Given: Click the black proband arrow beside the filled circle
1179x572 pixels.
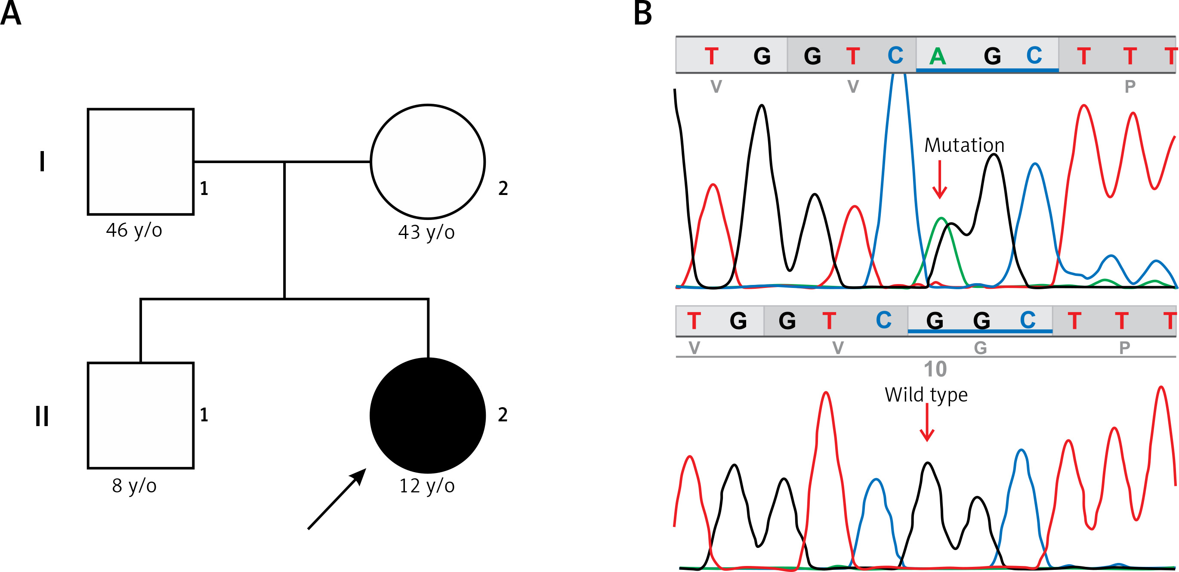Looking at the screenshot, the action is [337, 499].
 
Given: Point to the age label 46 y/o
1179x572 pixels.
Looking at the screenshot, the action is [134, 230].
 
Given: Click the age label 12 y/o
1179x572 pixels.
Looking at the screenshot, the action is [427, 486].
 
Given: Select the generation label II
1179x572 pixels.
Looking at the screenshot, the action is [42, 416].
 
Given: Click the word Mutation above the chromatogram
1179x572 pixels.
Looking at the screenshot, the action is [964, 145].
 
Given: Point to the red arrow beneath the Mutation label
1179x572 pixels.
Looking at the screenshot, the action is [940, 179].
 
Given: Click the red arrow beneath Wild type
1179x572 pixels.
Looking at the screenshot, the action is [927, 422].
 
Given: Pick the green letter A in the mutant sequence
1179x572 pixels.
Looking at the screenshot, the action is [937, 56].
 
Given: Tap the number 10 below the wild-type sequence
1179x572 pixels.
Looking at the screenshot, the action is [935, 369].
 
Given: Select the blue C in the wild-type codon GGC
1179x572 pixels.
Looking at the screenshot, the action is [1028, 320].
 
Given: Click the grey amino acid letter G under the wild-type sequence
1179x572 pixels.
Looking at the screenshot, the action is [980, 348].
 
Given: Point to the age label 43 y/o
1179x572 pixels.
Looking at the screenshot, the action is [426, 232].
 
